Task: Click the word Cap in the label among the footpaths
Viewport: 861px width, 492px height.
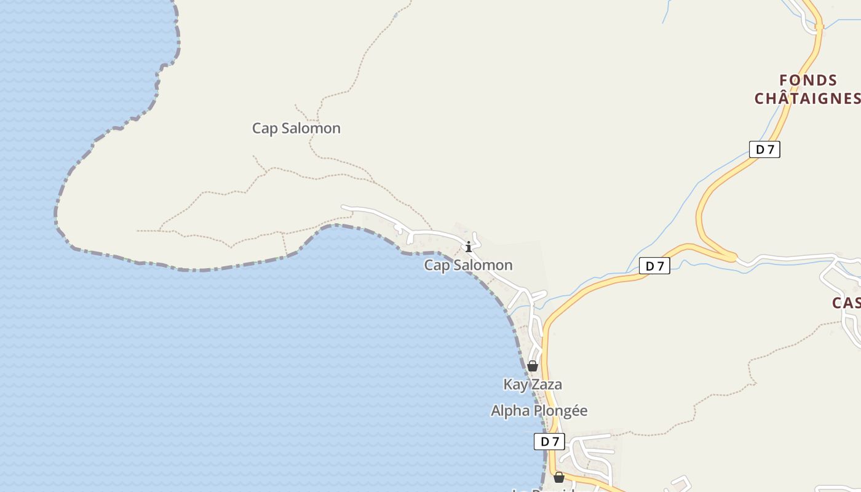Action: pyautogui.click(x=265, y=129)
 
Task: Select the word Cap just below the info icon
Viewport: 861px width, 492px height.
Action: pyautogui.click(x=437, y=266)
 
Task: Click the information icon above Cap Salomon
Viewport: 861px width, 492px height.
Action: pyautogui.click(x=469, y=247)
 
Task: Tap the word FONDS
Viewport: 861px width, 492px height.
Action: pyautogui.click(x=808, y=81)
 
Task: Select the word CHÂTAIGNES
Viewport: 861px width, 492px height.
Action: pyautogui.click(x=807, y=98)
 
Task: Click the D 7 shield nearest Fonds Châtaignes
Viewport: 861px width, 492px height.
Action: pyautogui.click(x=764, y=149)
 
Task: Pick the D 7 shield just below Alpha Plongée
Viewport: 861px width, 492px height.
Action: pyautogui.click(x=549, y=442)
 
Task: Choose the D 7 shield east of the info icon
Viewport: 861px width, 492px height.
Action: pyautogui.click(x=654, y=266)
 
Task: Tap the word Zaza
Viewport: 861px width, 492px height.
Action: pyautogui.click(x=547, y=385)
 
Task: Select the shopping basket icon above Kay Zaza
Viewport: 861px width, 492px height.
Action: pyautogui.click(x=533, y=366)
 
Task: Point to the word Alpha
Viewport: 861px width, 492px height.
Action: pyautogui.click(x=509, y=411)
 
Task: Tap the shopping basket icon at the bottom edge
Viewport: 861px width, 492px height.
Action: pyautogui.click(x=559, y=477)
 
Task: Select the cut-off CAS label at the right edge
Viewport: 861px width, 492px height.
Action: pyautogui.click(x=846, y=303)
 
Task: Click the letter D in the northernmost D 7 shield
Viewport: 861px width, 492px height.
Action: pyautogui.click(x=760, y=149)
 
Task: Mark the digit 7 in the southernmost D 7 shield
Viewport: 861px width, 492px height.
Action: pyautogui.click(x=555, y=442)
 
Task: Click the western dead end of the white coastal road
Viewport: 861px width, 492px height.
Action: pyautogui.click(x=343, y=208)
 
